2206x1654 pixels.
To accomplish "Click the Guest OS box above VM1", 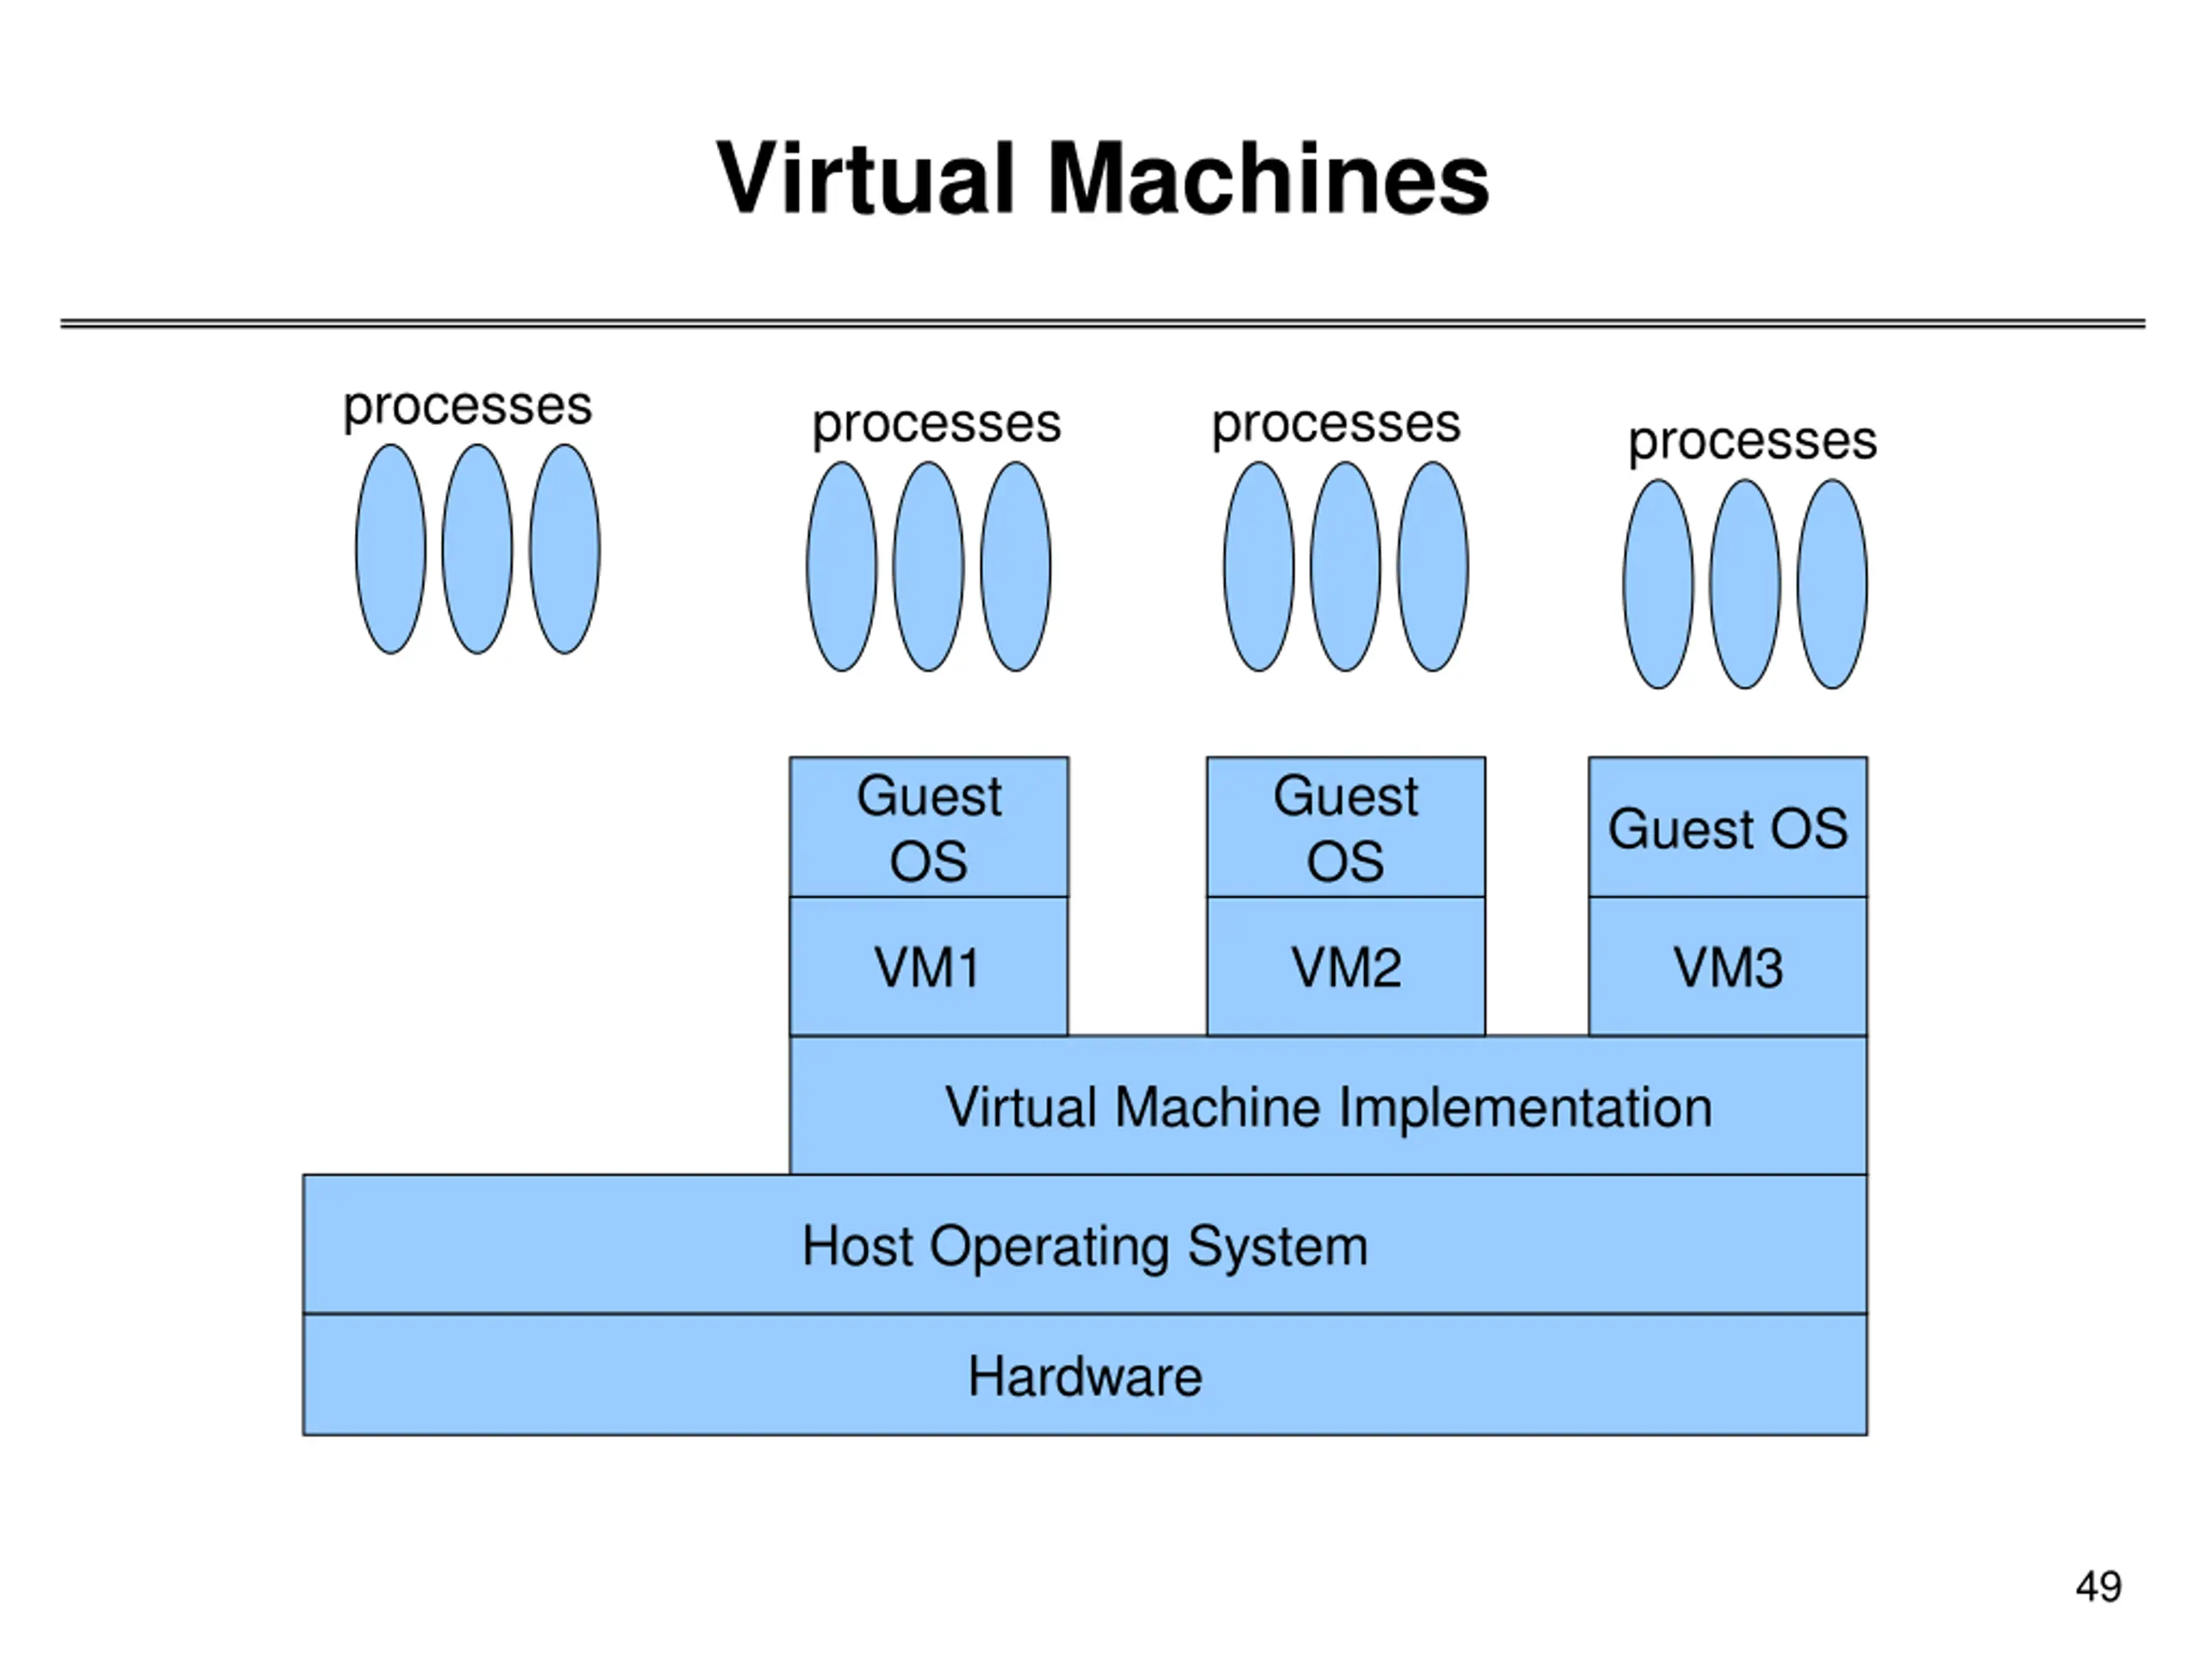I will click(x=928, y=828).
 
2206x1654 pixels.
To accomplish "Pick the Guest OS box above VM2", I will click(x=1345, y=828).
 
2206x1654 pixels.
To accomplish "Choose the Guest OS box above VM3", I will click(x=1727, y=828).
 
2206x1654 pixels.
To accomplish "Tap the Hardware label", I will click(x=1084, y=1376).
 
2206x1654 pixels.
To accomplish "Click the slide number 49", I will click(x=2098, y=1586).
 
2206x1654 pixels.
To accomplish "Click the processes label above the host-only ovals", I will click(x=468, y=407).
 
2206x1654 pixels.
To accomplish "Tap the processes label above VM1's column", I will click(x=937, y=425).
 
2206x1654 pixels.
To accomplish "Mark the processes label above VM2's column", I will click(x=1336, y=425).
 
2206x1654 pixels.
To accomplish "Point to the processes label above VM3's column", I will click(x=1752, y=442).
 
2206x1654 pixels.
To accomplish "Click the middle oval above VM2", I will click(x=1345, y=566).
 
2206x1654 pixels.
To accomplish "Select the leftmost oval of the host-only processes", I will click(x=391, y=550).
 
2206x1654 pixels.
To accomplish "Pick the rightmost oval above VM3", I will click(x=1832, y=584).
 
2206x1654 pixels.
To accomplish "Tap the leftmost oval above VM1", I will click(x=842, y=566).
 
